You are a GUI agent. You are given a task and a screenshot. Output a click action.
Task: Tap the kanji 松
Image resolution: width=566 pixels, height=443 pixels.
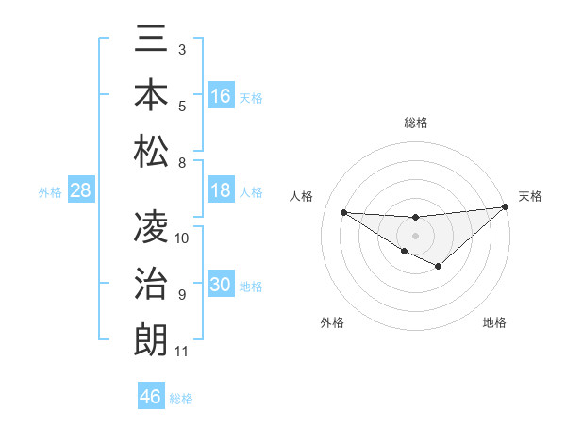point(151,151)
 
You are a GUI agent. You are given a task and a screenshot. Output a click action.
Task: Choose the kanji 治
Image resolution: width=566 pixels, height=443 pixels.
point(151,284)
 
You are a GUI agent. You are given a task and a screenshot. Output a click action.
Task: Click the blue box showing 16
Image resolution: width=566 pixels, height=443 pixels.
point(221,95)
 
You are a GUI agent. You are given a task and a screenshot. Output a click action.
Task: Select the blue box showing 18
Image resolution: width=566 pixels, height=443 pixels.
point(221,190)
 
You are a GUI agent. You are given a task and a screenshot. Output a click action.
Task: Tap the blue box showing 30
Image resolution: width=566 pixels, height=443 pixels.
point(221,285)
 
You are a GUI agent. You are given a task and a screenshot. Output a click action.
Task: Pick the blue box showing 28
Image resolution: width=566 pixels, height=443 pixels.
point(81,190)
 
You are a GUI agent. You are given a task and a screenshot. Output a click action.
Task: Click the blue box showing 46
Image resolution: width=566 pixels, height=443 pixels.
point(151,396)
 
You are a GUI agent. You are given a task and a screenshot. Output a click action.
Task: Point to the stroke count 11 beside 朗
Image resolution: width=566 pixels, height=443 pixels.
point(181,353)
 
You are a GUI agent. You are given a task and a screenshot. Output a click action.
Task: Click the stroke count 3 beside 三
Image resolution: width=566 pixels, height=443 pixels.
point(181,49)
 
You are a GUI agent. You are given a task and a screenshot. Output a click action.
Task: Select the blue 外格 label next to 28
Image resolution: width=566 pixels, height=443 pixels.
point(50,192)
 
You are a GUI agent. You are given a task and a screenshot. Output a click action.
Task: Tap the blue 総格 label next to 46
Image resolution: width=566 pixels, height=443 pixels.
point(181,399)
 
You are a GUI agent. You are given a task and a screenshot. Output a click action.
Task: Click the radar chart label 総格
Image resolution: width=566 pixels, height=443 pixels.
point(416,123)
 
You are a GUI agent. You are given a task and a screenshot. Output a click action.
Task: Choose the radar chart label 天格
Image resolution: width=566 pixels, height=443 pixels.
point(530,196)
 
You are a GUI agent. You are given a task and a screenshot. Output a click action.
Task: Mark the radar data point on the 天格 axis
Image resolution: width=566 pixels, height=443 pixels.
point(505,207)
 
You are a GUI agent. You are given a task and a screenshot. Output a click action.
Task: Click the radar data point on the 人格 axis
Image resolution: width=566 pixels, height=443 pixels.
point(343,212)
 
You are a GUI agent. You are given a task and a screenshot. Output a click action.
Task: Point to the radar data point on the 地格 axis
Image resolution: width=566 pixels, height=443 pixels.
point(439,267)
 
